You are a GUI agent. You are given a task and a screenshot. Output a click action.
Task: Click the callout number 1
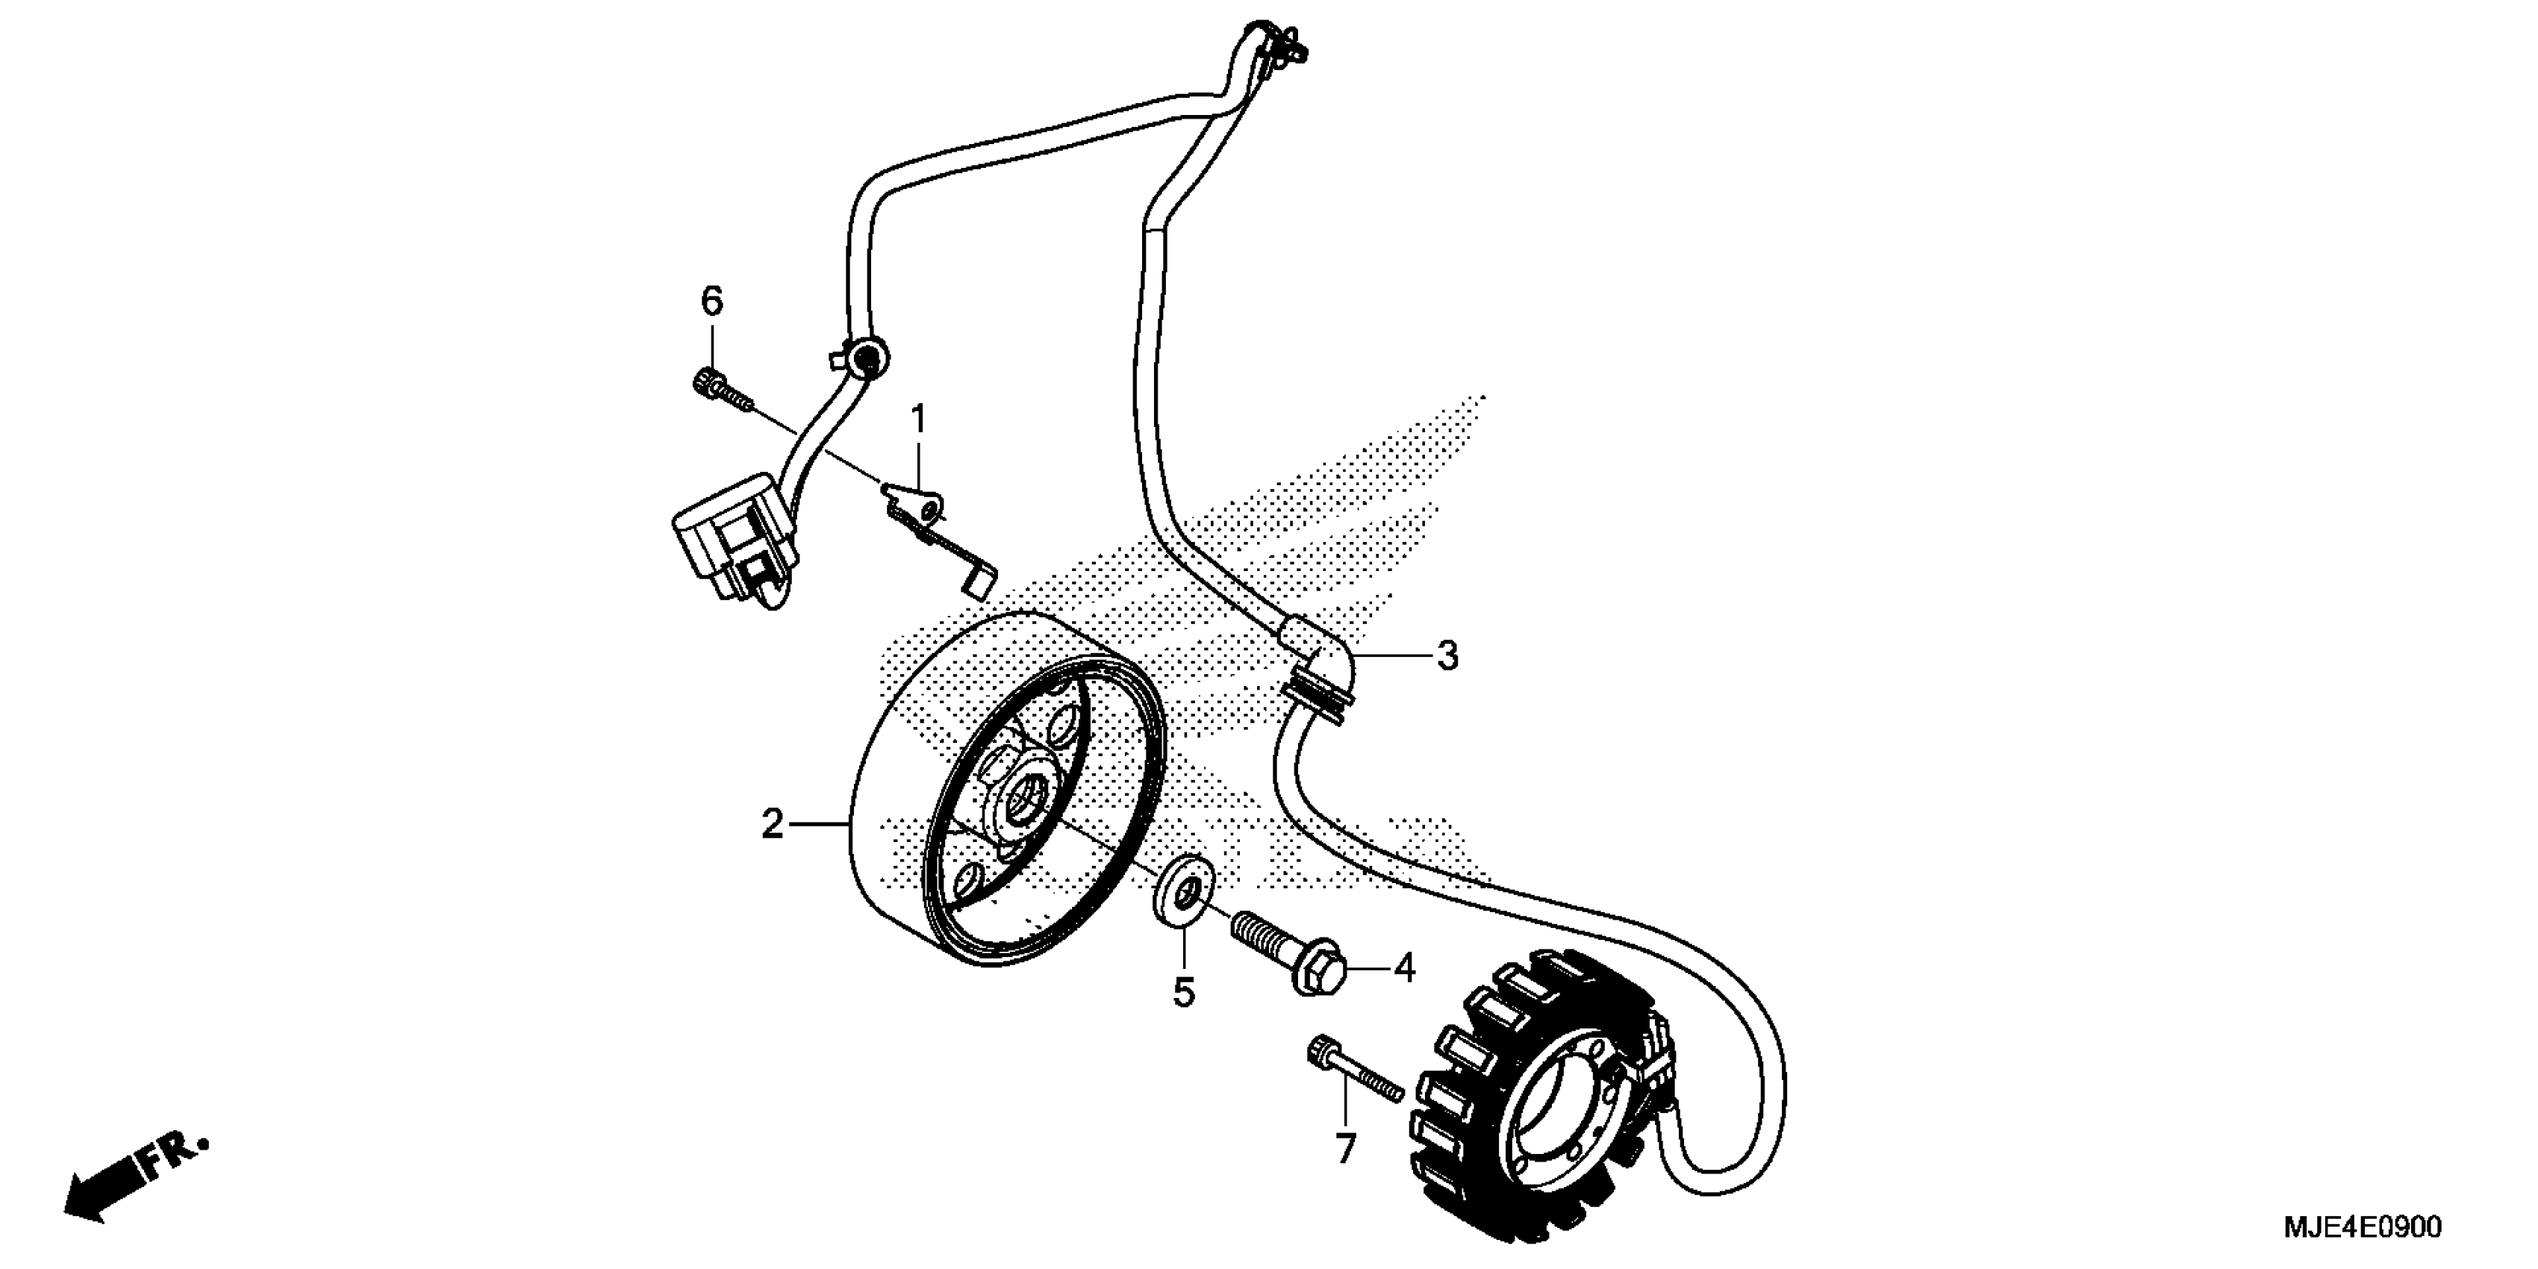pos(918,421)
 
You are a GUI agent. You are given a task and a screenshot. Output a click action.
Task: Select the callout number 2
pos(771,823)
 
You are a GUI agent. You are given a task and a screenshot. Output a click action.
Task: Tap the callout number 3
pos(1447,655)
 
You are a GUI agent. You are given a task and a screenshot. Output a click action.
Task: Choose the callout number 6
pos(711,302)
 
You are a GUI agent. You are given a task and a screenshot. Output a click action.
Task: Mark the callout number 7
pos(1345,1149)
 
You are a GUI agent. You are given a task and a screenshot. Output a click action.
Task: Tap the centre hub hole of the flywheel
pos(1032,788)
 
